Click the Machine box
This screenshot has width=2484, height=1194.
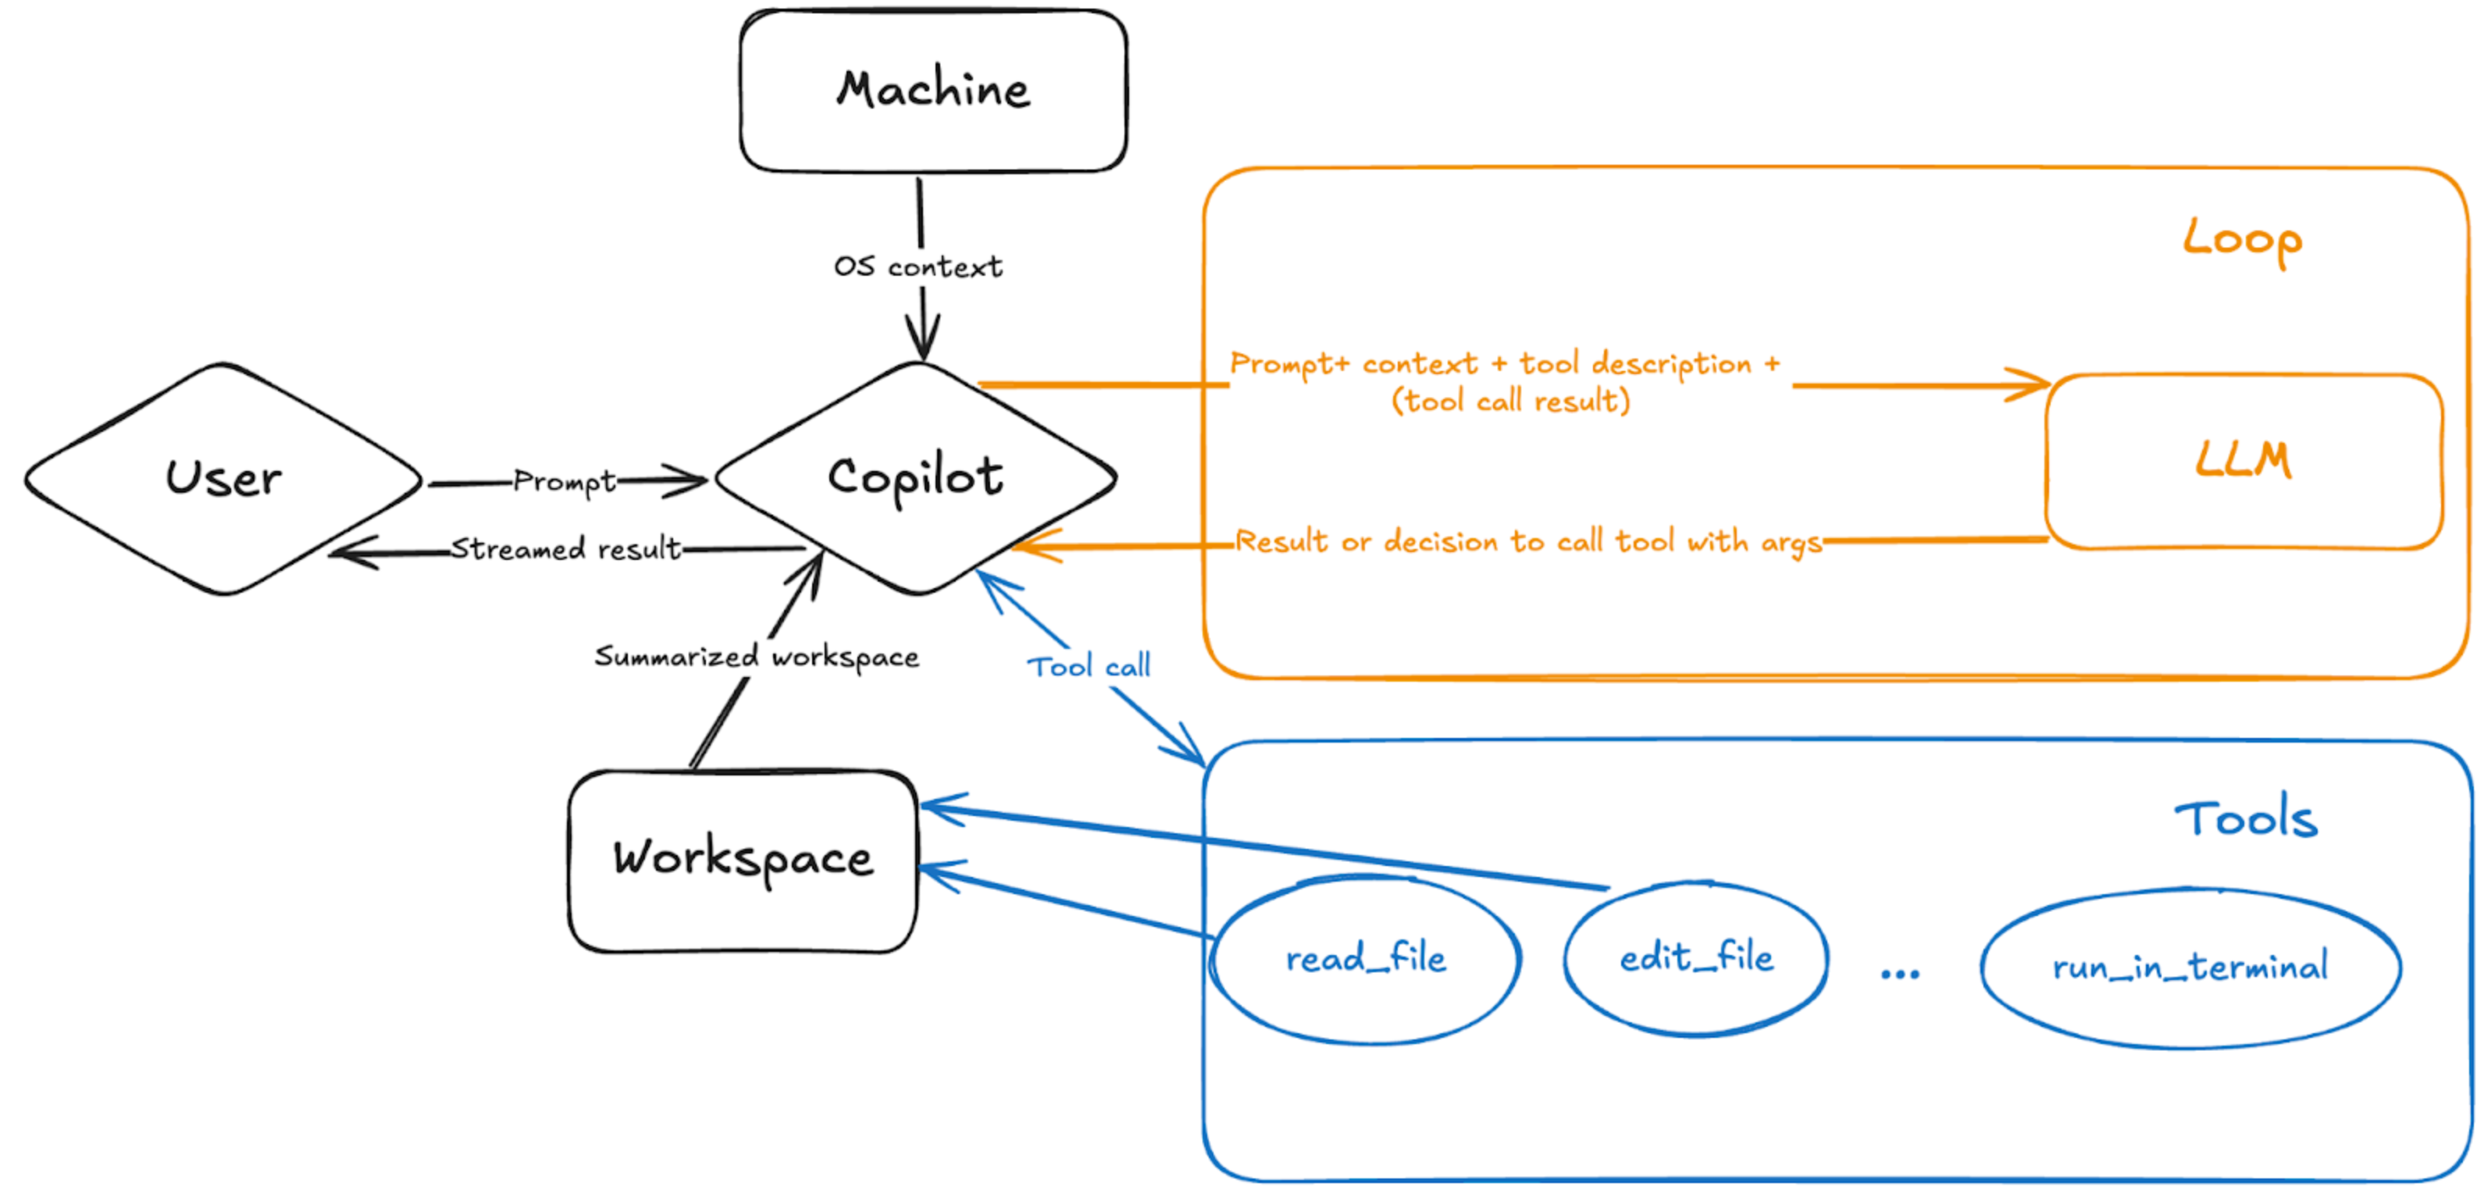pyautogui.click(x=932, y=91)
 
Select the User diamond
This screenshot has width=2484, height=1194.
pyautogui.click(x=223, y=479)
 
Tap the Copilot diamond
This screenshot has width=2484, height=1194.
pyautogui.click(x=915, y=477)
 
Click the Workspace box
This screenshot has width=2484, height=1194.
pyautogui.click(x=743, y=859)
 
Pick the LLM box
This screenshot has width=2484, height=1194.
pyautogui.click(x=2243, y=461)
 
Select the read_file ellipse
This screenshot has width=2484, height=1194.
pyautogui.click(x=1366, y=960)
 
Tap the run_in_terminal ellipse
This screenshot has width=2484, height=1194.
pyautogui.click(x=2190, y=968)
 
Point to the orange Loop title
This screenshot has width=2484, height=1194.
pyautogui.click(x=2243, y=239)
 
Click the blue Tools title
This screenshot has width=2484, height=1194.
pyautogui.click(x=2245, y=820)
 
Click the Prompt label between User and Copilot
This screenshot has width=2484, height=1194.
pyautogui.click(x=564, y=481)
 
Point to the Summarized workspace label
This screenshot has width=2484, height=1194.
pyautogui.click(x=757, y=658)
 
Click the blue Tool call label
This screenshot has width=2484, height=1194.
pyautogui.click(x=1088, y=666)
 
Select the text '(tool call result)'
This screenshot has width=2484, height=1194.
pyautogui.click(x=1510, y=401)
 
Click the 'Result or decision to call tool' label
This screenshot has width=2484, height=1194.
pyautogui.click(x=1528, y=542)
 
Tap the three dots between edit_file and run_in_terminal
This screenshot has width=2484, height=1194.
pyautogui.click(x=1900, y=974)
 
